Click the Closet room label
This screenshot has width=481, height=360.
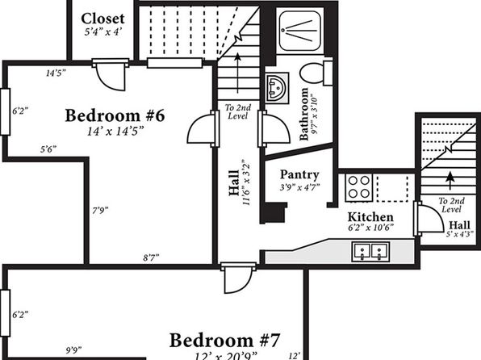click(x=102, y=19)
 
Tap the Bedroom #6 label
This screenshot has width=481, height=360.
click(x=115, y=115)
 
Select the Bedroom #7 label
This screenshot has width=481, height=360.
click(x=224, y=341)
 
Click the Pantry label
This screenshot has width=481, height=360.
click(x=299, y=174)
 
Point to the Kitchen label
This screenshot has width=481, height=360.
click(x=370, y=217)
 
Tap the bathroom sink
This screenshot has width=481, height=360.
click(x=277, y=88)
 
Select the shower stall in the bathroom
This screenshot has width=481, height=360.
click(x=300, y=31)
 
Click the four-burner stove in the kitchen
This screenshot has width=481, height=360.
click(x=359, y=187)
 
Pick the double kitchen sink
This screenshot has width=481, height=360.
click(x=371, y=252)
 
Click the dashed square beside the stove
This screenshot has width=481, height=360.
click(x=393, y=188)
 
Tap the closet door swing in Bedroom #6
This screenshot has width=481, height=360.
click(x=111, y=75)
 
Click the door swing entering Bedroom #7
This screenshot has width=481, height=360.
click(x=238, y=278)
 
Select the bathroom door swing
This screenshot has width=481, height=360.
click(x=274, y=128)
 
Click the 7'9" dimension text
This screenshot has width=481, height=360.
click(x=100, y=211)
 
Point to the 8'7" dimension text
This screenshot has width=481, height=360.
click(x=151, y=257)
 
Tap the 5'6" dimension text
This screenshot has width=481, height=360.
click(x=48, y=149)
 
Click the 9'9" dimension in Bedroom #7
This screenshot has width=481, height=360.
click(x=73, y=350)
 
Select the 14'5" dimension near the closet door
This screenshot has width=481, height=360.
click(x=56, y=73)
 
